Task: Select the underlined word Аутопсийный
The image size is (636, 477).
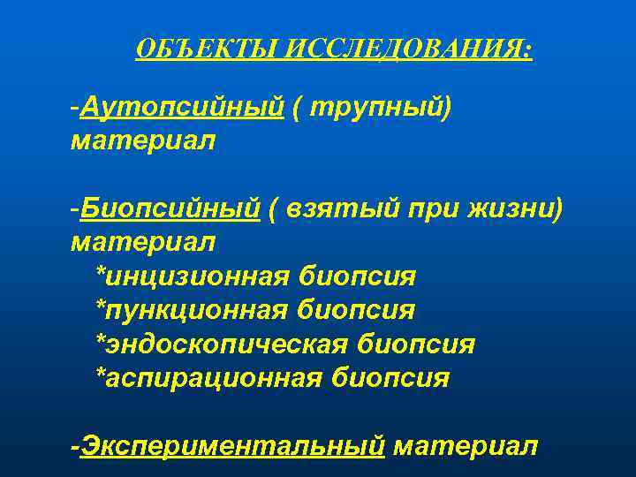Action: (181, 107)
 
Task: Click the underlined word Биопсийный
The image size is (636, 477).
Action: (170, 208)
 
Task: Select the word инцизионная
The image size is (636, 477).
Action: (193, 276)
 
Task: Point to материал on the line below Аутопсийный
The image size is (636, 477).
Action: (142, 140)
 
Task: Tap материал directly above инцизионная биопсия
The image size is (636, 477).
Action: (142, 241)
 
